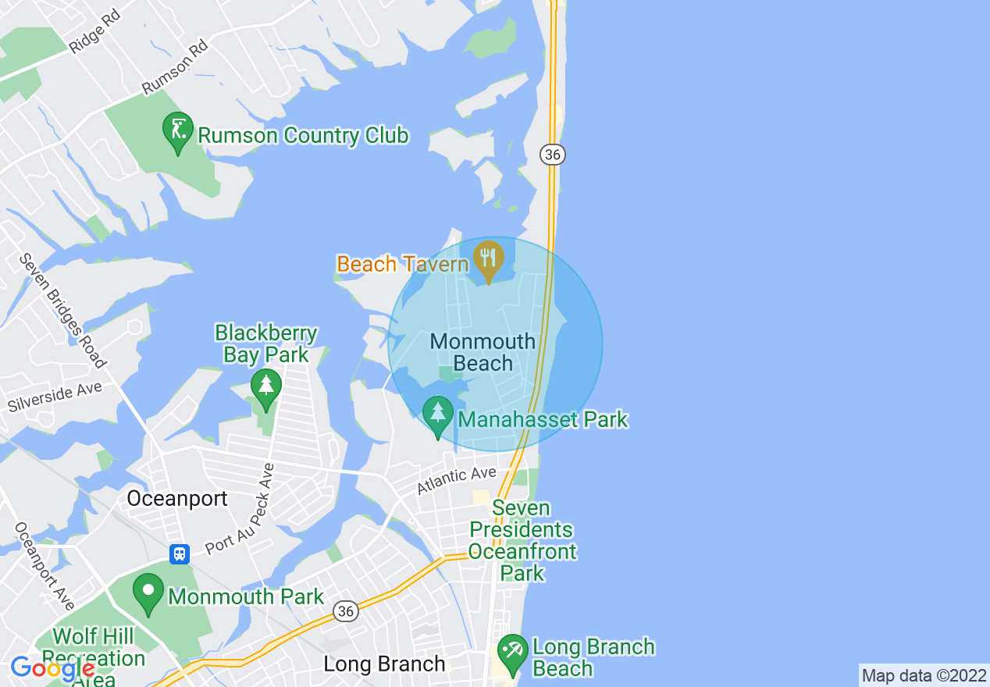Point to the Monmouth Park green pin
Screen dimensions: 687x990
coord(148,594)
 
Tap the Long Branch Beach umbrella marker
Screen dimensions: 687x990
coord(513,654)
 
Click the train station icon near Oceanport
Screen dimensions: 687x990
coord(180,554)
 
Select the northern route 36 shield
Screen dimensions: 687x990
coord(553,155)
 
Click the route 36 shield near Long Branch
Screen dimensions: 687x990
coord(345,611)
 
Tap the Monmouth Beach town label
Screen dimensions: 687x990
coord(483,352)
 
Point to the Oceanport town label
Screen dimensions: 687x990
coord(177,498)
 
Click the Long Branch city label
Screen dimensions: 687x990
coord(384,664)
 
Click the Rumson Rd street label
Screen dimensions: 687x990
coord(175,68)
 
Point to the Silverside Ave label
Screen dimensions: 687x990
coord(55,397)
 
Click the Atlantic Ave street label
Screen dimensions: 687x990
coord(456,480)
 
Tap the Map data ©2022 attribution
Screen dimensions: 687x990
coord(924,675)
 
